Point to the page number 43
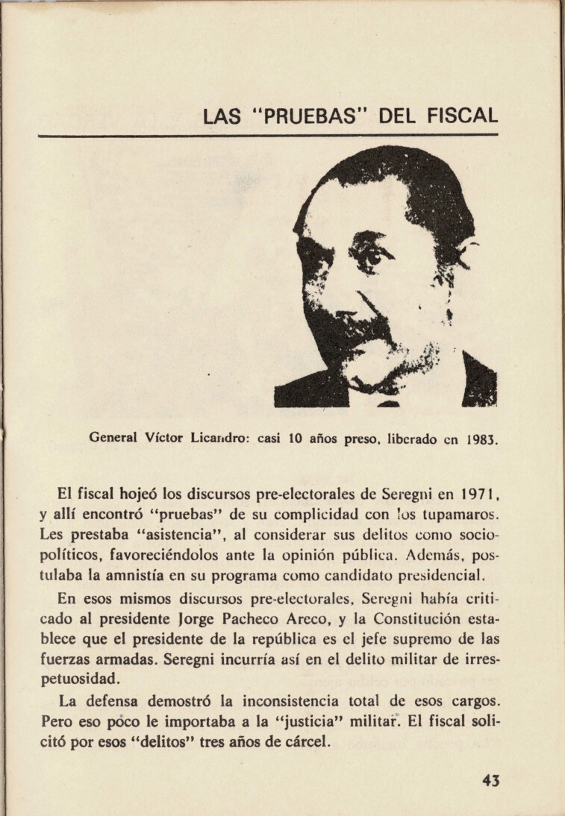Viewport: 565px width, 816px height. click(x=490, y=780)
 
